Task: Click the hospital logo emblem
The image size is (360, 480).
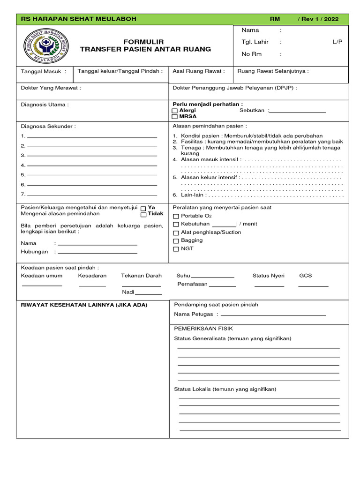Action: click(46, 46)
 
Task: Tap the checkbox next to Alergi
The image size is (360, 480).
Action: click(175, 111)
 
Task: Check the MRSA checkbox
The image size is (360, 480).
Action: click(175, 117)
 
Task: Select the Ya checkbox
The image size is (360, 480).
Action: click(143, 208)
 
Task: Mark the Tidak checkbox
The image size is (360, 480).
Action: click(143, 215)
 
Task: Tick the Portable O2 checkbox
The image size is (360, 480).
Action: click(176, 217)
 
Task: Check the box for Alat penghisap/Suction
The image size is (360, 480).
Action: click(176, 233)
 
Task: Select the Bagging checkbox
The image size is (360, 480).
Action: click(176, 241)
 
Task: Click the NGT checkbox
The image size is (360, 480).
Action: click(176, 249)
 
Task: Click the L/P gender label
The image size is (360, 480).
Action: click(337, 42)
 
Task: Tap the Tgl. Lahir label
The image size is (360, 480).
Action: click(255, 42)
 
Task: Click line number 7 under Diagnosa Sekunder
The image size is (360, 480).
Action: click(92, 195)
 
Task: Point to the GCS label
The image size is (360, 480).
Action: click(305, 276)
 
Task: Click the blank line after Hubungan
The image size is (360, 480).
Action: click(97, 253)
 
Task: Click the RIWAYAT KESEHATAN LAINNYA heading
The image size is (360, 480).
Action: click(84, 305)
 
